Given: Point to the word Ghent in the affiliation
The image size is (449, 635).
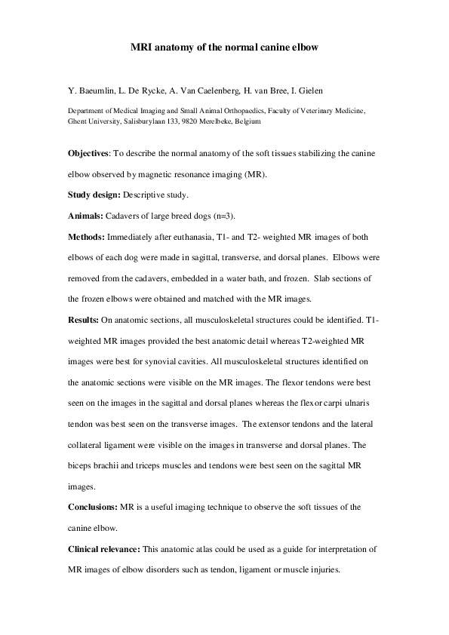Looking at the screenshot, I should pyautogui.click(x=78, y=121).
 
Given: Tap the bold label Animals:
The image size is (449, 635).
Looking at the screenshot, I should pyautogui.click(x=84, y=216).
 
